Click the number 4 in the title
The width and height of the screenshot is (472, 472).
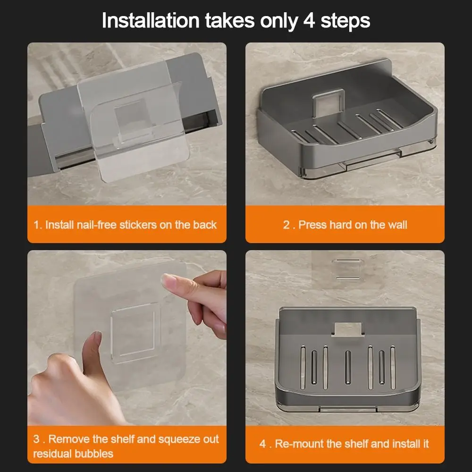[x=309, y=21]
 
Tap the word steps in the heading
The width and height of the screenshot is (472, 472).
[x=346, y=22]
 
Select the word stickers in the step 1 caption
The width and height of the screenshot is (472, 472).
[x=138, y=225]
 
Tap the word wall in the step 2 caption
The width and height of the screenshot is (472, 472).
[x=396, y=225]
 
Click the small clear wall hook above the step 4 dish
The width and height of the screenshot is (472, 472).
[x=346, y=269]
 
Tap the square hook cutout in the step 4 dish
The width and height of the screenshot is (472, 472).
[x=348, y=329]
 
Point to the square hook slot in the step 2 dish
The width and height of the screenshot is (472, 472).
[x=329, y=101]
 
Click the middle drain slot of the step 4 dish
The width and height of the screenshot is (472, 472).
[x=348, y=367]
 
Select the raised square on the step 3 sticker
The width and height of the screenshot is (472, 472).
[x=134, y=333]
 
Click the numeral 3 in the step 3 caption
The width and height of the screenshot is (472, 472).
[x=36, y=439]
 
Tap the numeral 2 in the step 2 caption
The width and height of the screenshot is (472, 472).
[x=287, y=225]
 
